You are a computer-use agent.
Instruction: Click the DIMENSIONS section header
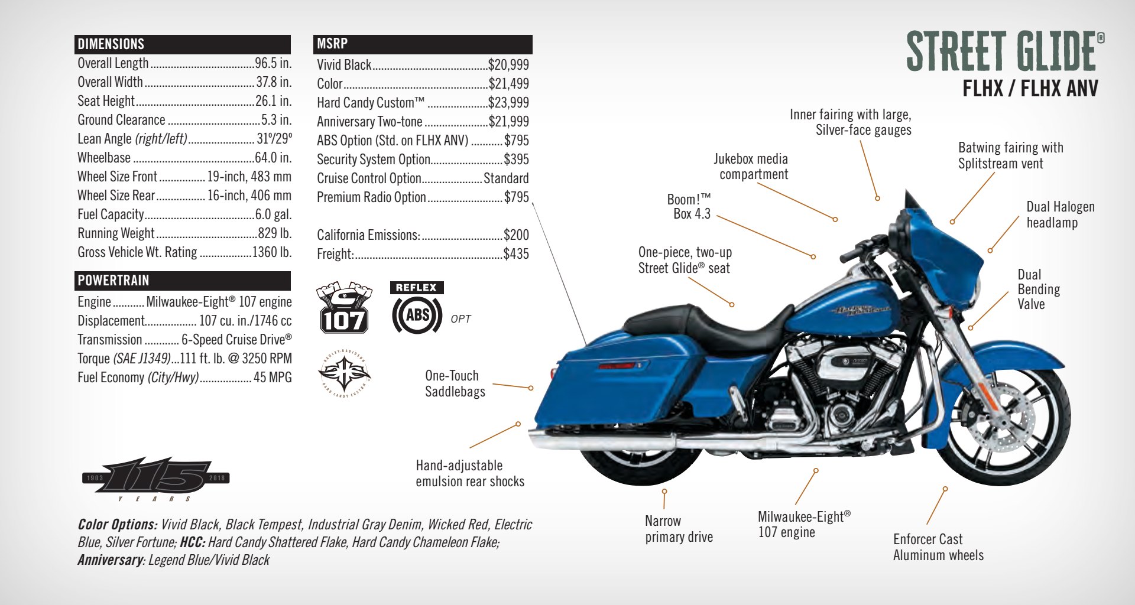[x=111, y=44]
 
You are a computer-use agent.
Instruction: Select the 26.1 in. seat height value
[x=273, y=101]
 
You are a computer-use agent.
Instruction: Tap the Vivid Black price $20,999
[x=508, y=65]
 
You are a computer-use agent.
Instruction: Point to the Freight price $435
[x=515, y=254]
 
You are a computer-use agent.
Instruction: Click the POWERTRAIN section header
[x=113, y=281]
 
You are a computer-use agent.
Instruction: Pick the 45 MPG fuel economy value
[x=273, y=378]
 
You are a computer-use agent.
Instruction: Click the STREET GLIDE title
[x=1001, y=51]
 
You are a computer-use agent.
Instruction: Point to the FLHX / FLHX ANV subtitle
[x=1030, y=89]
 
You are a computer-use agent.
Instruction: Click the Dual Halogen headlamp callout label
[x=1060, y=214]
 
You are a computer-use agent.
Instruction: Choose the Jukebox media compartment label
[x=751, y=167]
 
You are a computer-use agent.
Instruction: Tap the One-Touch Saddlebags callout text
[x=455, y=383]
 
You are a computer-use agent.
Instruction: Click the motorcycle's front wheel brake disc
[x=1013, y=423]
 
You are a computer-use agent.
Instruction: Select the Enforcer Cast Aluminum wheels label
[x=938, y=547]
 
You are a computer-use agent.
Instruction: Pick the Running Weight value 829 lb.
[x=274, y=233]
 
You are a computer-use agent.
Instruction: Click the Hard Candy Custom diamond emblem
[x=344, y=374]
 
